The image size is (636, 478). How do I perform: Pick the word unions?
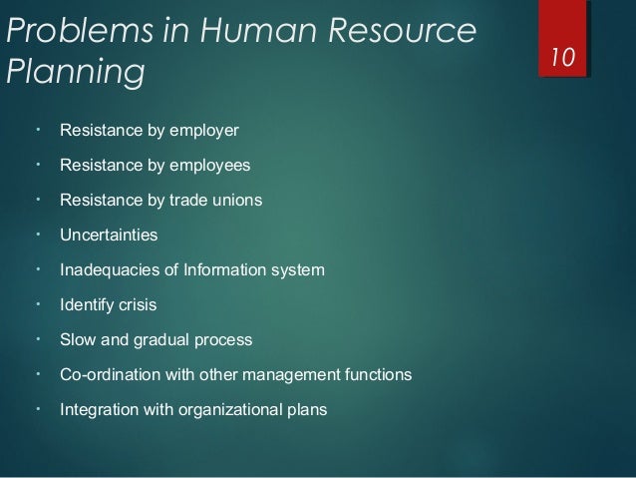[x=238, y=201]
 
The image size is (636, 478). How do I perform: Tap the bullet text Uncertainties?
[x=109, y=236]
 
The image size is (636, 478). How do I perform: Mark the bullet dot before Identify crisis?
[x=36, y=303]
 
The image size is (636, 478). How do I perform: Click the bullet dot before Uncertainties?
[x=36, y=234]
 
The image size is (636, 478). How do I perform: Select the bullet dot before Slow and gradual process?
[x=36, y=338]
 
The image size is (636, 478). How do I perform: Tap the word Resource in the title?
[x=409, y=32]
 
